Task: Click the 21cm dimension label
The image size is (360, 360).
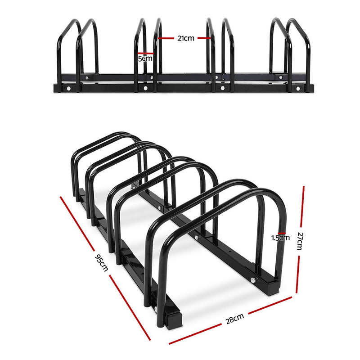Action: [185, 38]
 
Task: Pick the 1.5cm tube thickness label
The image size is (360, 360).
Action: [280, 238]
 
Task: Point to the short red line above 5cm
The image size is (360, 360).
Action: [146, 54]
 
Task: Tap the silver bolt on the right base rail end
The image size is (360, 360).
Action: [253, 280]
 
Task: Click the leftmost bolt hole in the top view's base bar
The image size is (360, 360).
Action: [68, 89]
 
